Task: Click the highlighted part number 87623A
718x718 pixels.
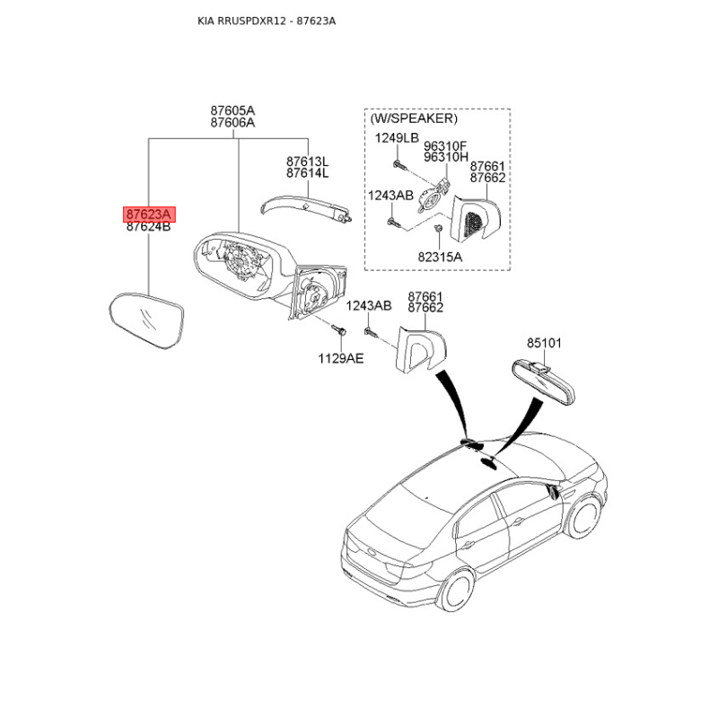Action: point(149,214)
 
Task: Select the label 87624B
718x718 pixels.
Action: point(148,227)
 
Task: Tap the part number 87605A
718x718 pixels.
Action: point(232,110)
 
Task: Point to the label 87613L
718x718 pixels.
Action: point(308,162)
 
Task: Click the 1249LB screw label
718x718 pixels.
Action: point(397,138)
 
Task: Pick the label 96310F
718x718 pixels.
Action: point(445,146)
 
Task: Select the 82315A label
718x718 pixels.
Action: point(440,257)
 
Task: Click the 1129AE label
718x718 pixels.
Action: point(341,358)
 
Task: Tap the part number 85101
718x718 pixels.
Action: point(544,343)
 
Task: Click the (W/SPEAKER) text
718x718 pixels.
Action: point(414,118)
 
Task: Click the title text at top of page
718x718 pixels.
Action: point(267,21)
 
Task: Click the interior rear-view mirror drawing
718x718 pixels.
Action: point(543,381)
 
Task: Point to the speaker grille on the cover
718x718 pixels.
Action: point(474,224)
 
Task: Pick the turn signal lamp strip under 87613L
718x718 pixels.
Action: point(306,208)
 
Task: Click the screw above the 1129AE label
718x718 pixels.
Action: point(339,329)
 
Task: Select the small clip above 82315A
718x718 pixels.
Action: point(438,228)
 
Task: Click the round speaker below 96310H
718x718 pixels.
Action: point(430,199)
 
